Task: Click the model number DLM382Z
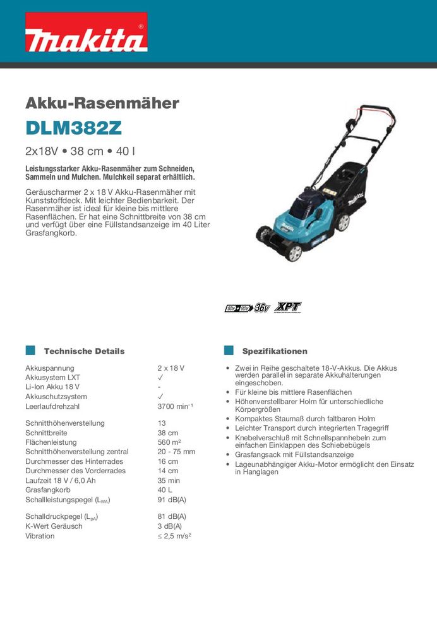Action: tap(73, 128)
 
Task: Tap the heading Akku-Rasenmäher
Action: tap(102, 102)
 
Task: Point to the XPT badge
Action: tap(289, 307)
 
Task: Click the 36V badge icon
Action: tap(262, 308)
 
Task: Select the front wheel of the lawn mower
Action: tap(294, 252)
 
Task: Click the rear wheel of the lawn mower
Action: tap(343, 222)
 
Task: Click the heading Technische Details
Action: tap(85, 351)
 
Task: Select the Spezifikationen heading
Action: tap(275, 351)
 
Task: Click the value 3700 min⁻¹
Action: tap(176, 407)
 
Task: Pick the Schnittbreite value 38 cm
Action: tap(168, 433)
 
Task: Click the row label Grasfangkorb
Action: tap(47, 490)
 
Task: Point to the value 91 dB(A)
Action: tap(172, 500)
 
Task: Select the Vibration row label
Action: tap(40, 536)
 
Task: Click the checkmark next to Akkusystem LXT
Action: tap(160, 378)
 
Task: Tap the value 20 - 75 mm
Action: tap(176, 452)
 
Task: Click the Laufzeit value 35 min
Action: tap(169, 480)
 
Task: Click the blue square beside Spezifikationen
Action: tap(229, 351)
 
